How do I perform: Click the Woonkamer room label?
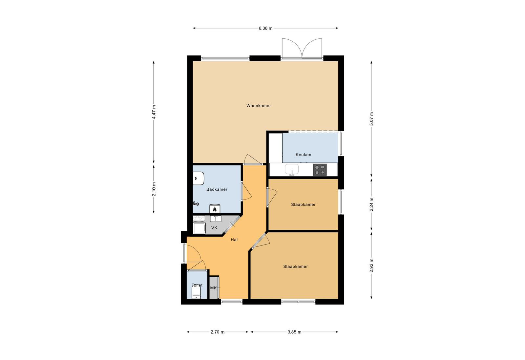click(259, 106)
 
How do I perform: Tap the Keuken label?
click(303, 155)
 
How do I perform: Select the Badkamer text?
click(217, 189)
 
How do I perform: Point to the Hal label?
click(234, 240)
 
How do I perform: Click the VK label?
click(214, 227)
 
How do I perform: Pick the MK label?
click(213, 288)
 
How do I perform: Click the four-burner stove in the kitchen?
click(320, 170)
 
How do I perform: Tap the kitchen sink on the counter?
click(292, 170)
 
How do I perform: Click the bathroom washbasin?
click(199, 179)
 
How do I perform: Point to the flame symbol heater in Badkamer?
click(215, 209)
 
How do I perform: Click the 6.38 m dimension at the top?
click(265, 28)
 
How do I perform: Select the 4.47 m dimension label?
click(154, 112)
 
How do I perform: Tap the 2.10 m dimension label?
click(154, 189)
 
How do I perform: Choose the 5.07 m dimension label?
click(371, 118)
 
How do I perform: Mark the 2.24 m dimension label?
click(371, 204)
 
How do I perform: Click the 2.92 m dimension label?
click(371, 265)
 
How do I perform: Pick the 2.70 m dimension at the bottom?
click(218, 332)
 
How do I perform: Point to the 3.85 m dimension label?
click(294, 332)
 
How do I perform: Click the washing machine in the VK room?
click(199, 228)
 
